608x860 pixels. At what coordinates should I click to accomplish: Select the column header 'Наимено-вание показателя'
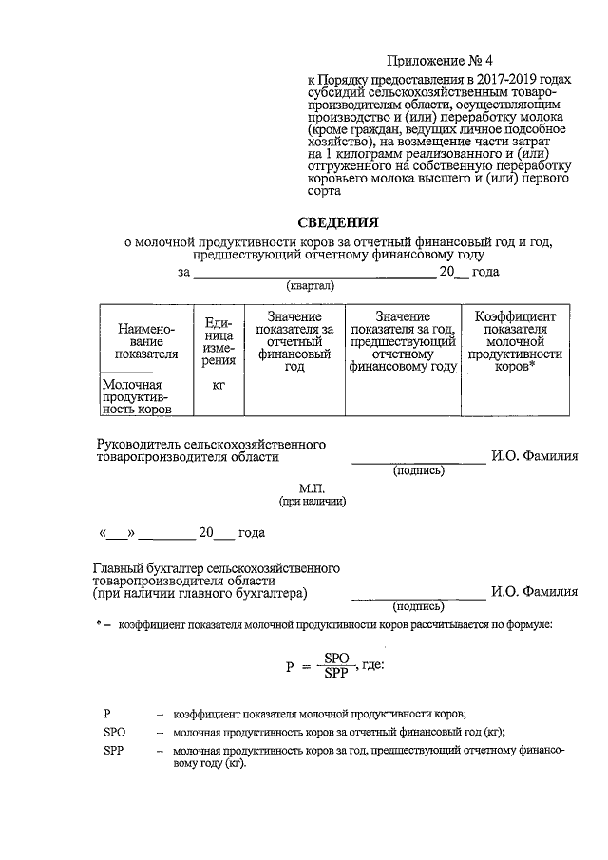[x=146, y=341]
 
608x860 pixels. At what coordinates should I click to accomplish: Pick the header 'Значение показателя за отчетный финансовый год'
[x=294, y=341]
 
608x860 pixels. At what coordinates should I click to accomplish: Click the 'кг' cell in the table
[x=218, y=383]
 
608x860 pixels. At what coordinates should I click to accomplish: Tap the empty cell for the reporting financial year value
[x=294, y=396]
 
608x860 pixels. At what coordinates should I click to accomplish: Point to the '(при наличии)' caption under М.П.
[x=312, y=500]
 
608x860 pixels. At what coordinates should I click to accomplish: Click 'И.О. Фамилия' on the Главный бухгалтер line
[x=534, y=591]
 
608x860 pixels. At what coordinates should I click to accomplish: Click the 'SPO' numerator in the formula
[x=337, y=658]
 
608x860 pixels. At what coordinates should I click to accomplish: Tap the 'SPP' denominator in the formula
[x=337, y=674]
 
